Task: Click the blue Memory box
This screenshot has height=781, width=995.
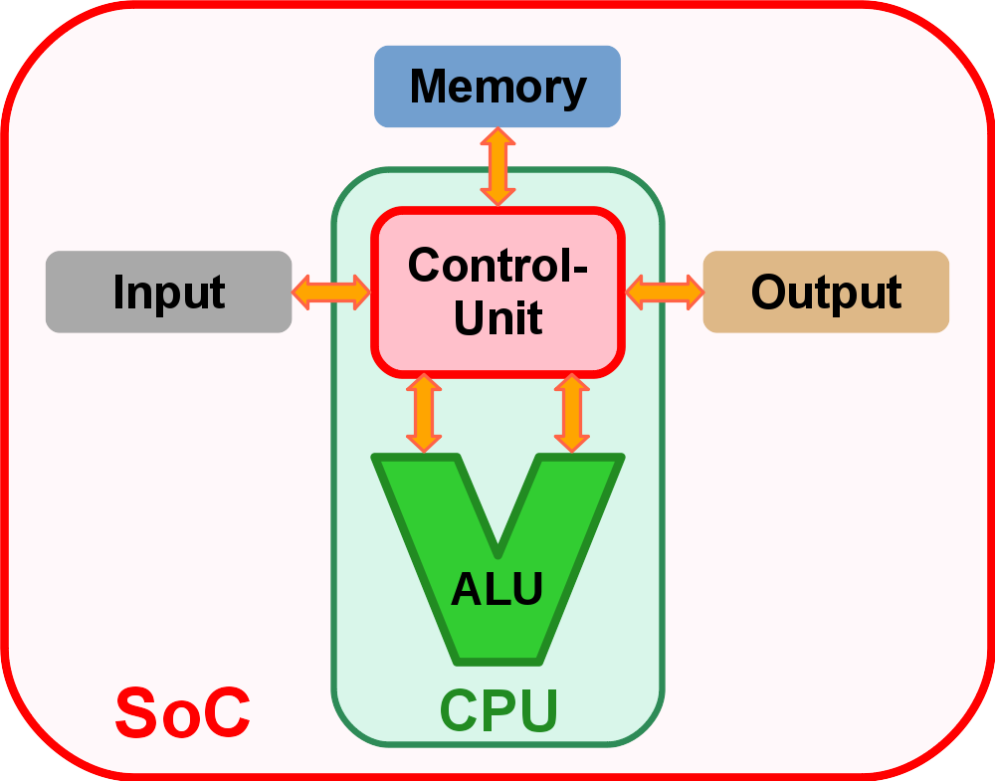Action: pyautogui.click(x=497, y=87)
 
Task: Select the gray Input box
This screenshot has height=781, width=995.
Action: pyautogui.click(x=168, y=292)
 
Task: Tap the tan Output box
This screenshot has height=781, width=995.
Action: pyautogui.click(x=826, y=292)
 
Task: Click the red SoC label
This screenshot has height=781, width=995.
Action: pyautogui.click(x=182, y=712)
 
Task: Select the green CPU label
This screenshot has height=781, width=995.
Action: pyautogui.click(x=497, y=710)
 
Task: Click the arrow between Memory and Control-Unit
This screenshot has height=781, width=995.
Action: pyautogui.click(x=497, y=166)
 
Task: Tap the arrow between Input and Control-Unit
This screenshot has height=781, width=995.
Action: pyautogui.click(x=331, y=293)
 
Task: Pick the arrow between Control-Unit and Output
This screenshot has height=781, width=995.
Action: pyautogui.click(x=665, y=293)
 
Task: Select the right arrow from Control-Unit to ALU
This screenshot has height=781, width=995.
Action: pyautogui.click(x=571, y=413)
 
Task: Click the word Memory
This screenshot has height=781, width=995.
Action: pyautogui.click(x=497, y=87)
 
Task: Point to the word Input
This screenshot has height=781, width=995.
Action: pyautogui.click(x=168, y=293)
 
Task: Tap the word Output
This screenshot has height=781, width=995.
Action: pyautogui.click(x=826, y=293)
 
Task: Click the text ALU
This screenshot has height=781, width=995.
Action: pyautogui.click(x=497, y=589)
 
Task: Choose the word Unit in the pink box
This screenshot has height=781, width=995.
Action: pyautogui.click(x=497, y=318)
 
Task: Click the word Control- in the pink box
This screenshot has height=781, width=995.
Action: pyautogui.click(x=497, y=266)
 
